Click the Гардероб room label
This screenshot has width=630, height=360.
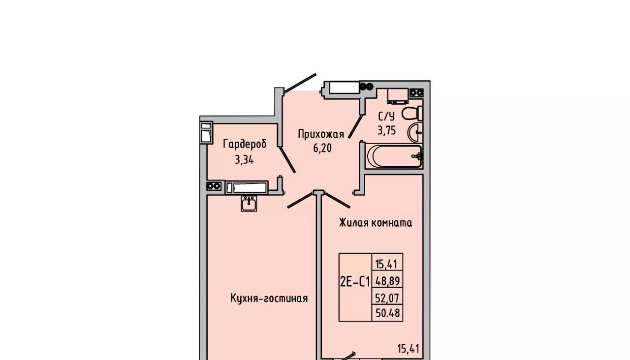click(245, 145)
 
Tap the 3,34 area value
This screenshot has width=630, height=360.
click(245, 160)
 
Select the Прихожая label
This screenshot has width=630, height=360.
click(321, 134)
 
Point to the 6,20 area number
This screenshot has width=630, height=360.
click(322, 148)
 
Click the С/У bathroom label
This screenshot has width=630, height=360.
click(386, 117)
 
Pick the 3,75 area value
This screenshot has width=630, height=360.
click(387, 131)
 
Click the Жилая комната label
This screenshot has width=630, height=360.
click(376, 223)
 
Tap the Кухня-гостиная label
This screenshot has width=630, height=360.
click(269, 298)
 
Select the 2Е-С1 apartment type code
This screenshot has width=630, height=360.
click(355, 282)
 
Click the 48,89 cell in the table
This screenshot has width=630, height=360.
click(387, 281)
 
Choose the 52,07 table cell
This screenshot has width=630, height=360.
click(387, 298)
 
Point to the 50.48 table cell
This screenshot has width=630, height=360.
click(387, 313)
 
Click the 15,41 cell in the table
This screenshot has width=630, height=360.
click(387, 264)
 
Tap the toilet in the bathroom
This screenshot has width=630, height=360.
click(412, 113)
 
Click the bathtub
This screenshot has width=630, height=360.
click(395, 156)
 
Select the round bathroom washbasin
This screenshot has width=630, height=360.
click(415, 133)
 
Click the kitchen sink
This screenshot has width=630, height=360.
click(249, 203)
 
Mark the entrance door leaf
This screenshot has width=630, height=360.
click(300, 83)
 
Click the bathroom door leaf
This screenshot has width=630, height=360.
click(355, 127)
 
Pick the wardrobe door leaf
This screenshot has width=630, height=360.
click(287, 160)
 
